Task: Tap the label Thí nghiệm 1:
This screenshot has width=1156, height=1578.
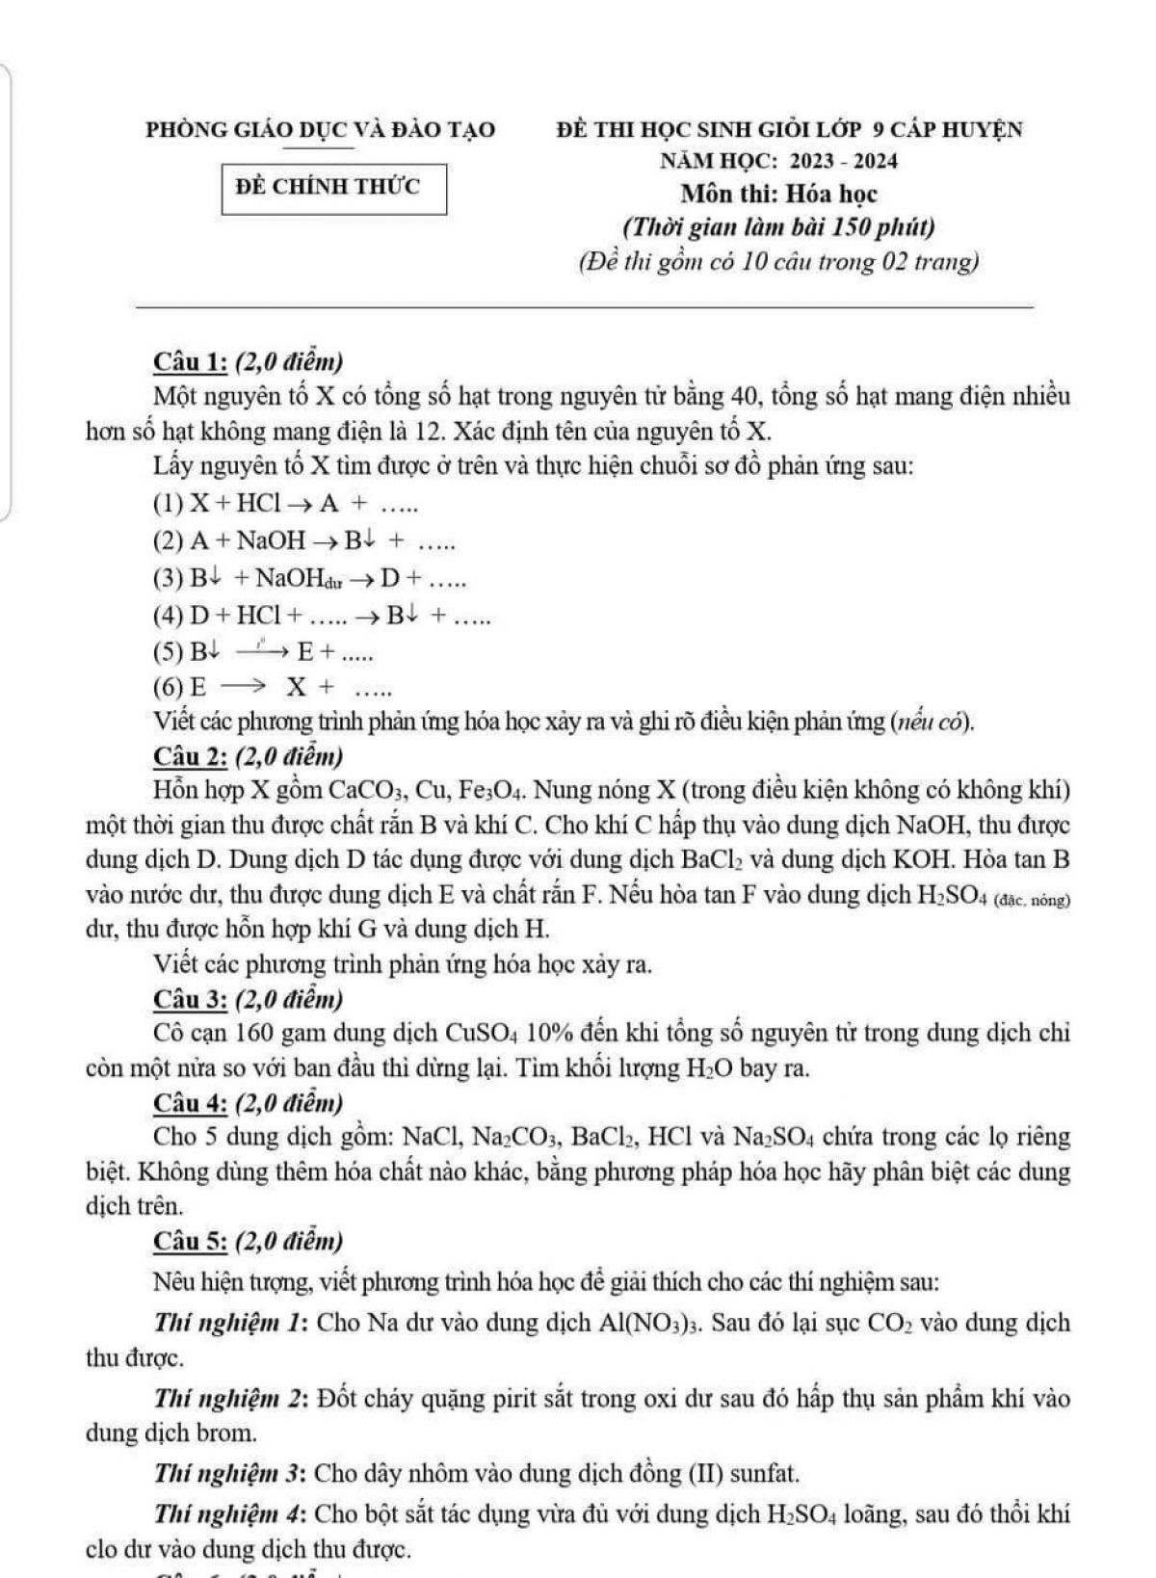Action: click(x=230, y=1322)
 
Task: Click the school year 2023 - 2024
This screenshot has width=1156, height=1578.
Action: click(x=843, y=161)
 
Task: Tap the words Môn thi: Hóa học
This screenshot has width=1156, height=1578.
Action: click(x=779, y=194)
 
